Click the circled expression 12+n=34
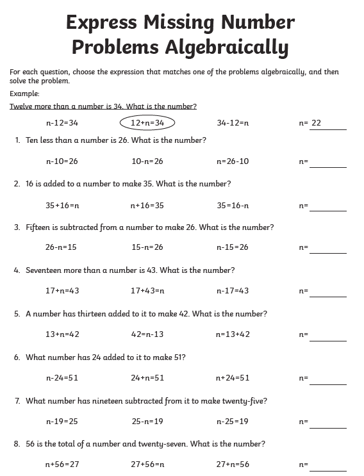[147, 122]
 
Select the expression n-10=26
[62, 161]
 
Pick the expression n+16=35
[147, 206]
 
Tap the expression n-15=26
[232, 247]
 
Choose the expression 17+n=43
[62, 291]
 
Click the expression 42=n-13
[147, 334]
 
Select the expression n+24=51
[233, 378]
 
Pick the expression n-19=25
[62, 422]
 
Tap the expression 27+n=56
[233, 464]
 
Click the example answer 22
[316, 123]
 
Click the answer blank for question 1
[327, 163]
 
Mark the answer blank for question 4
[327, 292]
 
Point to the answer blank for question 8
[327, 466]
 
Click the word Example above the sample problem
[24, 94]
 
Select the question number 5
[17, 314]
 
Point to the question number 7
[17, 401]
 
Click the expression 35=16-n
[233, 206]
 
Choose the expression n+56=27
[62, 464]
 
